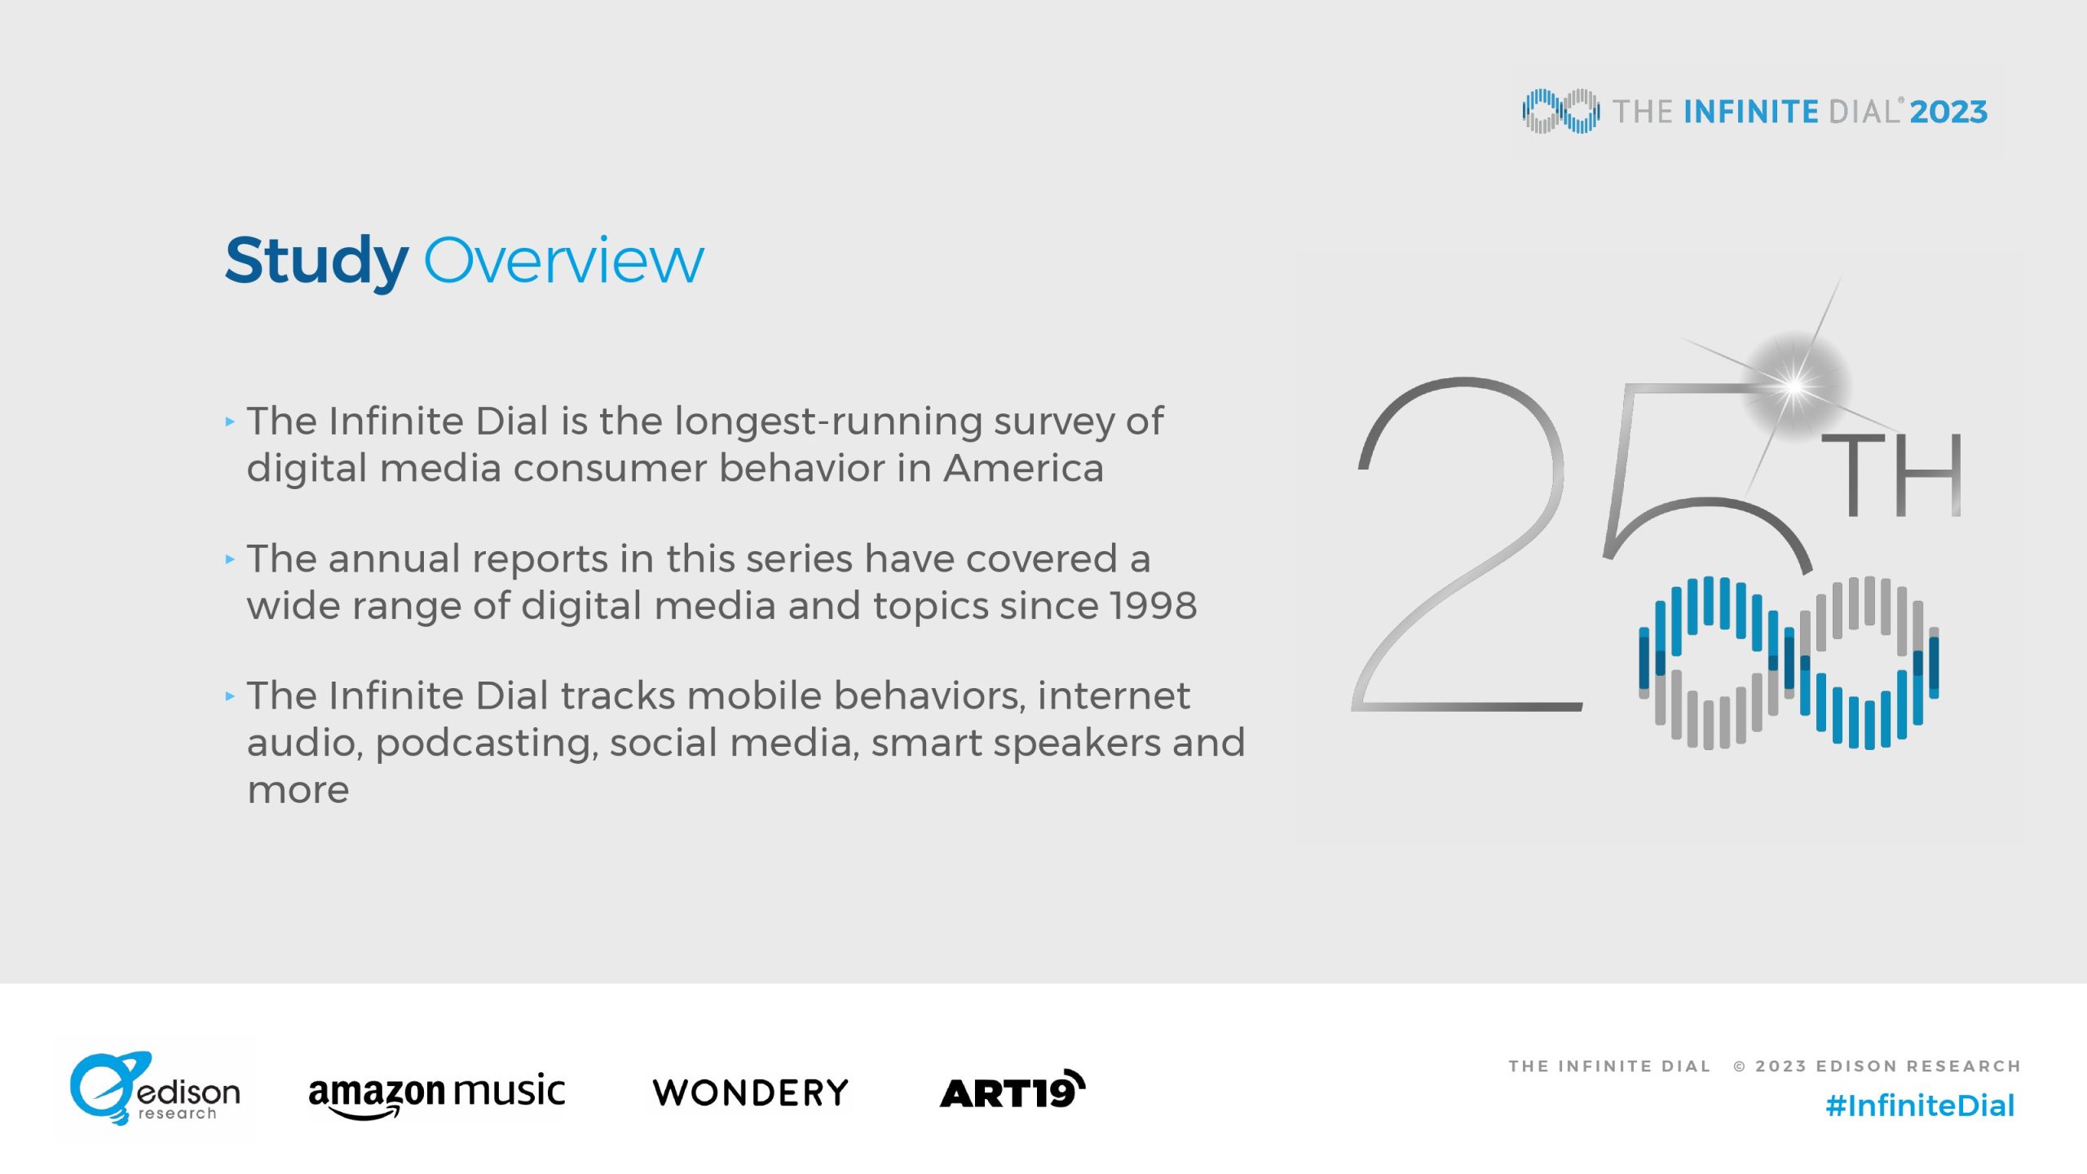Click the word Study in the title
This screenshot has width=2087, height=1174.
pos(316,262)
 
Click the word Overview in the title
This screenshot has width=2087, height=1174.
pos(564,261)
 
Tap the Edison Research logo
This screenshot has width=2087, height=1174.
pos(155,1089)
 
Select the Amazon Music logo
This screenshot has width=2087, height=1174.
pos(437,1096)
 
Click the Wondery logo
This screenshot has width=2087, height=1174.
pos(751,1093)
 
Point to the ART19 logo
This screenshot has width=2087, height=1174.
pos(1013,1090)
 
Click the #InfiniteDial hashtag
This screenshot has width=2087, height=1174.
pos(1920,1106)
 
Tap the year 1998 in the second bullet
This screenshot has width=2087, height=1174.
pos(1154,606)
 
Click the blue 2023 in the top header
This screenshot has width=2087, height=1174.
pos(1948,112)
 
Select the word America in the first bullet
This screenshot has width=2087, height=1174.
pos(1024,468)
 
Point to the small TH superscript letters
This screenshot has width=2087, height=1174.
pos(1891,474)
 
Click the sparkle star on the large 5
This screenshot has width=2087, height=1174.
pos(1794,386)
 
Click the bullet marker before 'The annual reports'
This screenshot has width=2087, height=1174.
pos(230,559)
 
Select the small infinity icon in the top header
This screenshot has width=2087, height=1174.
pos(1560,111)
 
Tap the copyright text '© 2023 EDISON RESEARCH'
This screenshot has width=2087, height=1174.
pos(1877,1066)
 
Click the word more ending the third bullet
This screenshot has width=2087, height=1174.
pos(298,791)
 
